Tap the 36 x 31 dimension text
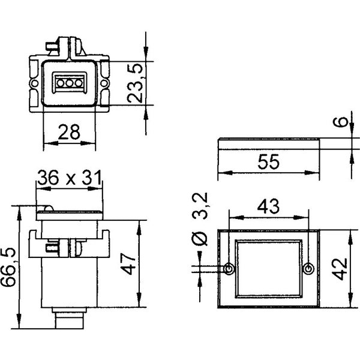point(69,178)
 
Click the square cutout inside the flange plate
point(268,269)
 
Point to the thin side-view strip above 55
point(268,141)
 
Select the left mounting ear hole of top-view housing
point(34,82)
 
